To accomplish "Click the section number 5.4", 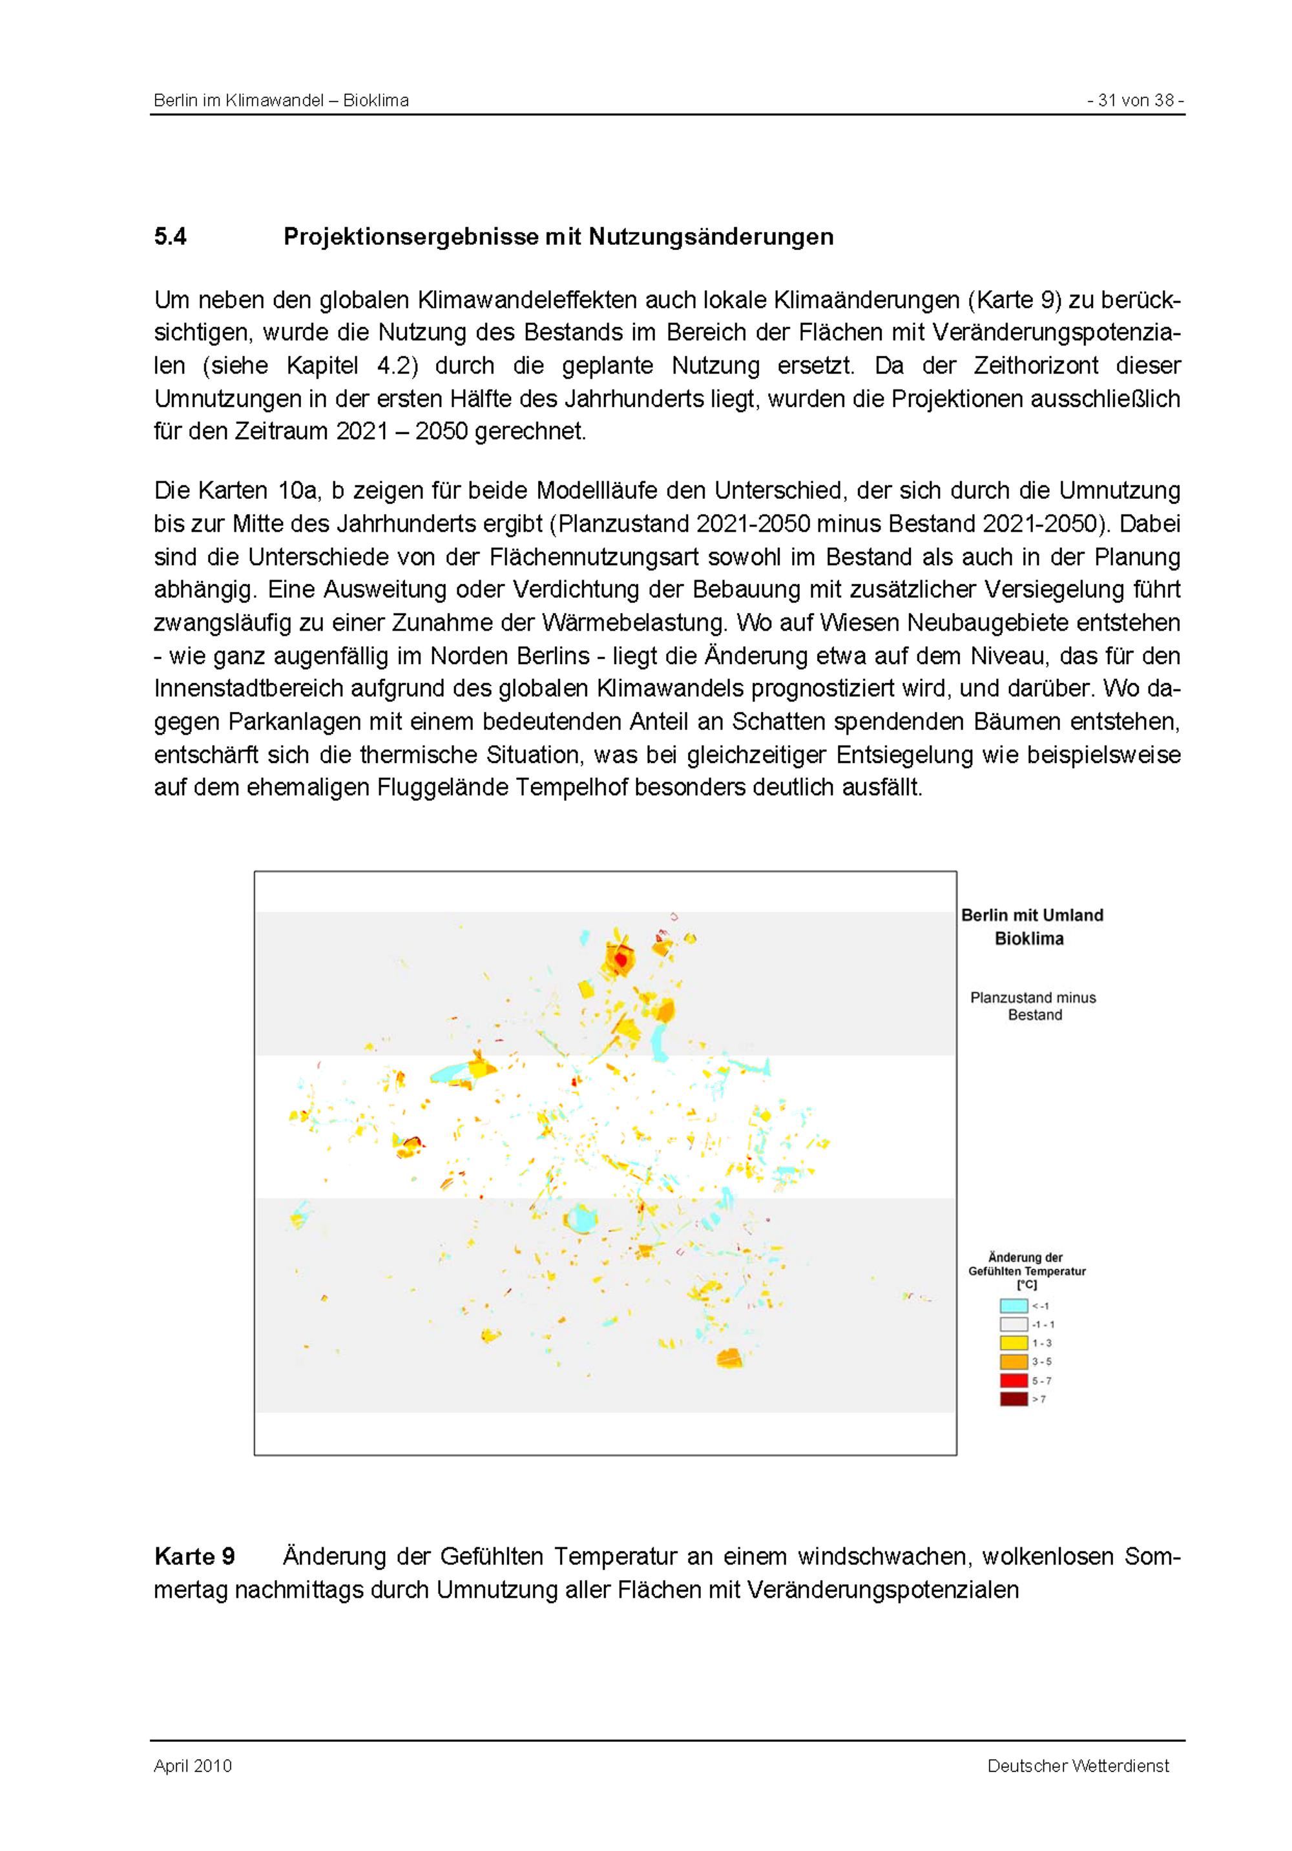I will tap(170, 236).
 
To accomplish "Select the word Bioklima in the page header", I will tap(375, 101).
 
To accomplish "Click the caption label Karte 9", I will tap(194, 1556).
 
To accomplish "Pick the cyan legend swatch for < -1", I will tap(1013, 1306).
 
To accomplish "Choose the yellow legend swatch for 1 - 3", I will tap(1013, 1343).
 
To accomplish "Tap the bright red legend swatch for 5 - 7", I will tap(1013, 1380).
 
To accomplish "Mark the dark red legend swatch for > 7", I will tap(1013, 1399).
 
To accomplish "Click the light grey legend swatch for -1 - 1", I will tap(1013, 1324).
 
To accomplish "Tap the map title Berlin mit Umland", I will tap(1032, 915).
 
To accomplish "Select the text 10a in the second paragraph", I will tap(297, 490).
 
